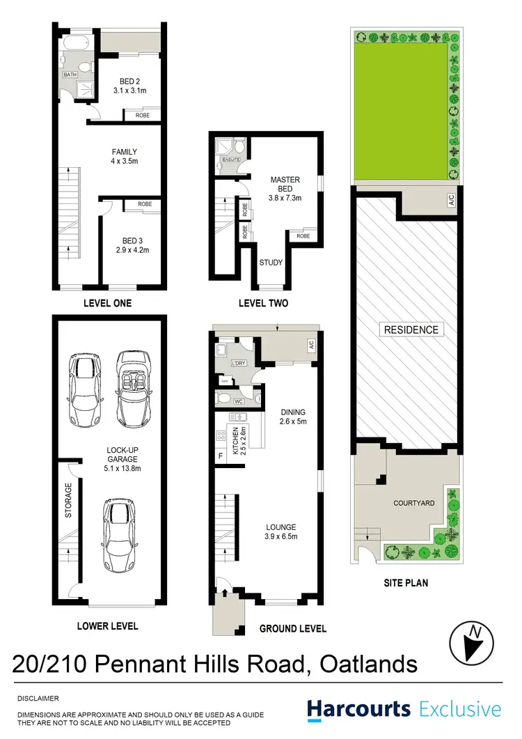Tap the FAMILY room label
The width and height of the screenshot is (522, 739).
[x=124, y=152]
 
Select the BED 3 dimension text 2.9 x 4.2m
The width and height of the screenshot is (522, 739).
[x=133, y=249]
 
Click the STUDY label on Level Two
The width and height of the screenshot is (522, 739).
[x=270, y=263]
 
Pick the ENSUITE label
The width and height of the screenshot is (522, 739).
[x=230, y=160]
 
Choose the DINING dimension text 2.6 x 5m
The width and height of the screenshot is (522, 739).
[x=293, y=421]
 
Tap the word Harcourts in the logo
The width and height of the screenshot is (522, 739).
[x=358, y=709]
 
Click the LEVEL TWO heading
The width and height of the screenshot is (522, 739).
[x=264, y=303]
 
